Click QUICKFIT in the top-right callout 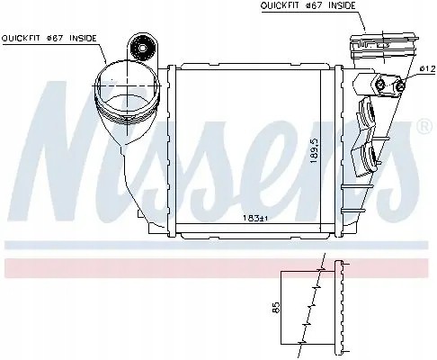point(280,5)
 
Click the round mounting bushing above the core point(139,46)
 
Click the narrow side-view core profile point(339,308)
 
